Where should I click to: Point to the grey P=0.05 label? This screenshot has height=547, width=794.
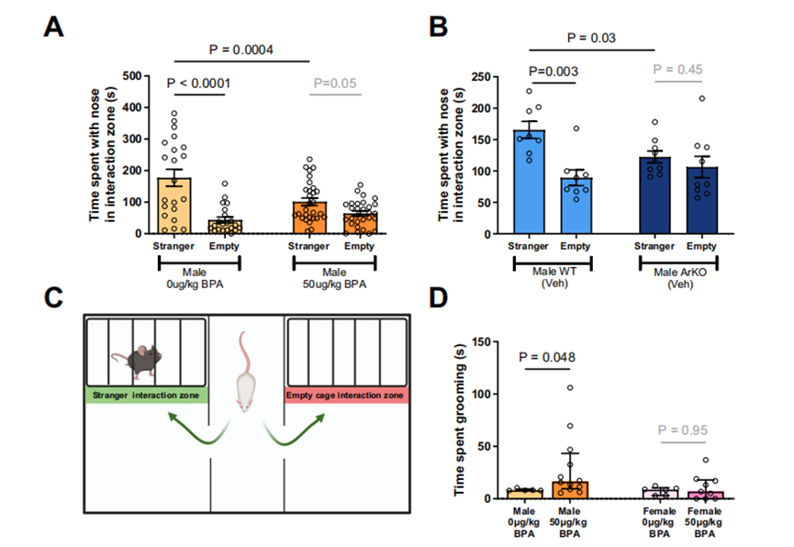(x=333, y=84)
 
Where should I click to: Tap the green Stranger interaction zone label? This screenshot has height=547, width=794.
(x=147, y=396)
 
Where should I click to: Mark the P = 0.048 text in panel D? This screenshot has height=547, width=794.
(x=555, y=358)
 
